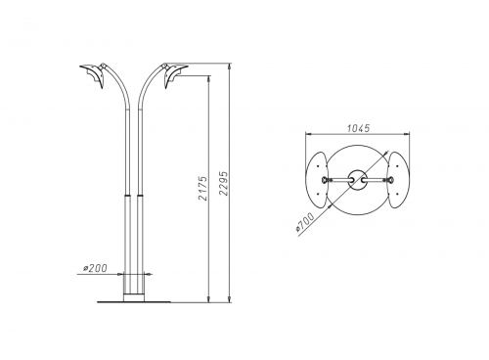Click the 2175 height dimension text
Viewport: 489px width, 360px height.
[x=202, y=189]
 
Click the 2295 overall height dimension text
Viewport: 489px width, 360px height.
[x=224, y=183]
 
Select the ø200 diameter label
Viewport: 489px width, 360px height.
[x=95, y=268]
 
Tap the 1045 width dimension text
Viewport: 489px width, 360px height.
[x=358, y=128]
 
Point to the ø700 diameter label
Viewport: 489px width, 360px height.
[x=305, y=222]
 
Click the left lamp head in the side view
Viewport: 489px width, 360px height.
[x=93, y=75]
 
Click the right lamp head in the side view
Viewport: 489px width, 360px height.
[x=175, y=75]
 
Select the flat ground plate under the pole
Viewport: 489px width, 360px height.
[x=134, y=302]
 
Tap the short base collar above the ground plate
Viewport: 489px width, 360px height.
[x=134, y=296]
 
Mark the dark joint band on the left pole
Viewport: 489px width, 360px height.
[x=127, y=195]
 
